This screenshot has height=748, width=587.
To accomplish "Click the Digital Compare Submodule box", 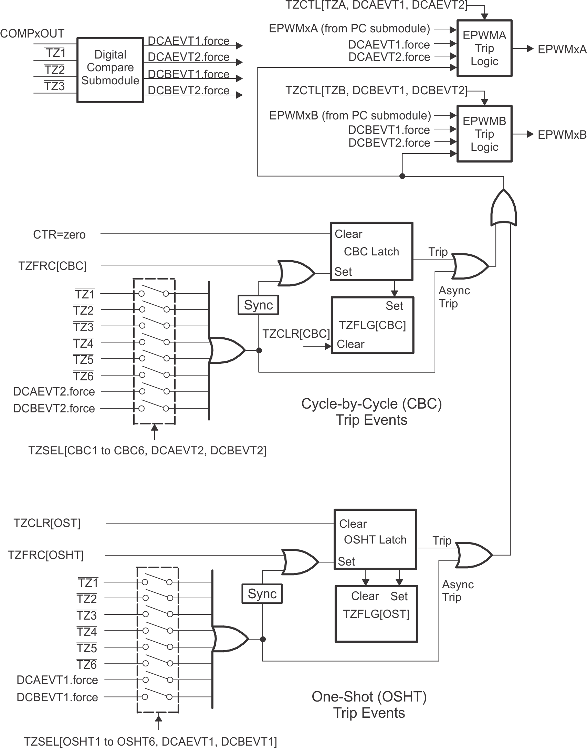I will click(110, 70).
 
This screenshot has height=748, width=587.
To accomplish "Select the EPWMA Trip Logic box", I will click(484, 48).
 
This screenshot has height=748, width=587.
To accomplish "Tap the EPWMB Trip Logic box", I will click(484, 134).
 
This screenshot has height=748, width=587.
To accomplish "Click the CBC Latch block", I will click(371, 251).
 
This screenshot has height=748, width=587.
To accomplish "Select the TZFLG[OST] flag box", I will click(376, 613).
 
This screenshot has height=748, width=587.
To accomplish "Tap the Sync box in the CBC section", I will click(258, 305).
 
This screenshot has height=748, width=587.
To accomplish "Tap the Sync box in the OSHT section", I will click(262, 593).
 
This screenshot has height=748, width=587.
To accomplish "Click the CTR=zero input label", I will click(59, 235).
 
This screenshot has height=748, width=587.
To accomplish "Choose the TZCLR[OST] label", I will click(46, 523).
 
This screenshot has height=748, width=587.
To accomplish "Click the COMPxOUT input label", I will click(32, 33).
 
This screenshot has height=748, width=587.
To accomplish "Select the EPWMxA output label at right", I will click(562, 49).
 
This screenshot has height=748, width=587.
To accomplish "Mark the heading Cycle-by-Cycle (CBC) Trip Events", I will click(371, 411).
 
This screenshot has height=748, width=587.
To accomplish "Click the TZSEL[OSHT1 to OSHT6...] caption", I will click(150, 741).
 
